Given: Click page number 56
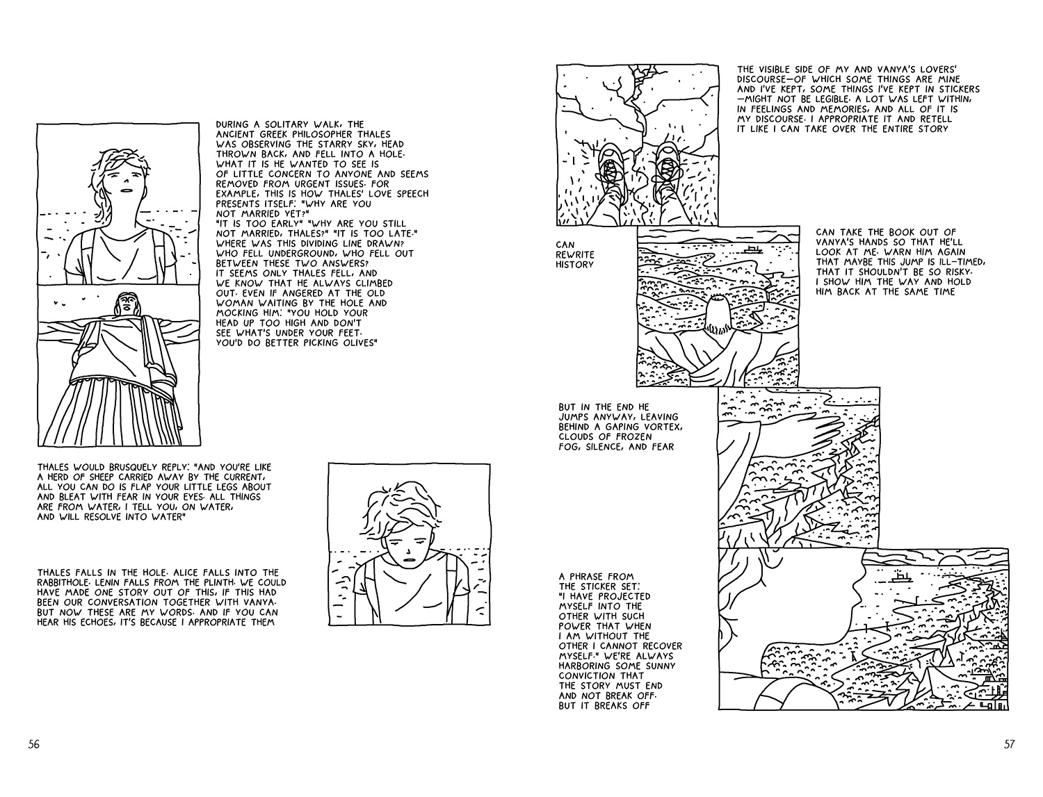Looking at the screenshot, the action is point(34,743).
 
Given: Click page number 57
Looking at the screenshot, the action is point(1009,743).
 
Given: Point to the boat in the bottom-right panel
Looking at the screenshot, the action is point(901,577).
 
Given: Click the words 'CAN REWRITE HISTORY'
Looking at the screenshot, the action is point(574,254).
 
